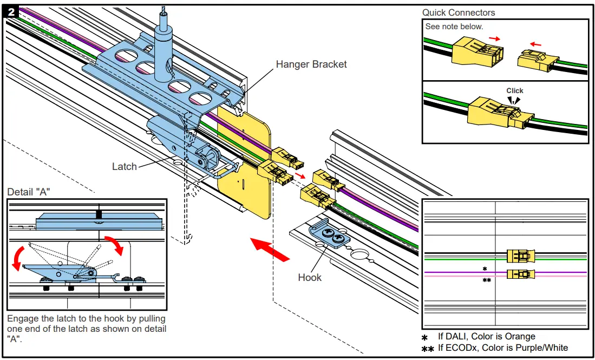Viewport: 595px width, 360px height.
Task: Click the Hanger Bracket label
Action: click(311, 64)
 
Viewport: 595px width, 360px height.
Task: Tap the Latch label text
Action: click(124, 166)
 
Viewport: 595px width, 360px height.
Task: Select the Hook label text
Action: click(310, 278)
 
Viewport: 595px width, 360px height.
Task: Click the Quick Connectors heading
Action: click(459, 12)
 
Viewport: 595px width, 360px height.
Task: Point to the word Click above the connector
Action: click(515, 90)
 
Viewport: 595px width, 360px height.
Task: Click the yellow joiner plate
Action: click(244, 162)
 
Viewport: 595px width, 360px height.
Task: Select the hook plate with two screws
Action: click(331, 236)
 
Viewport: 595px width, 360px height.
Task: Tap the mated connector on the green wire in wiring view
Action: click(520, 256)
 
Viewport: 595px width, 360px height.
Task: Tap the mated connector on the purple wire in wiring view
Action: click(520, 274)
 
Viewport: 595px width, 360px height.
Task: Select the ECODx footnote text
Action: click(503, 348)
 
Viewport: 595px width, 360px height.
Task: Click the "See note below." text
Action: click(454, 27)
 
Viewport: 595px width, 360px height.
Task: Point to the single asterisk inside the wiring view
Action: click(485, 269)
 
